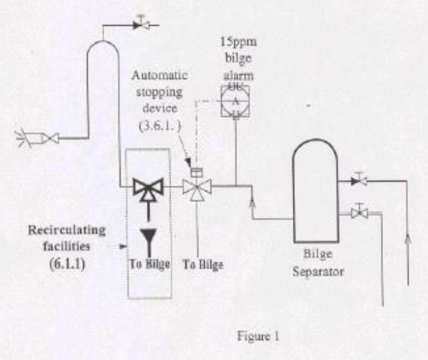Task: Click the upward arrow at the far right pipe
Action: click(406, 244)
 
